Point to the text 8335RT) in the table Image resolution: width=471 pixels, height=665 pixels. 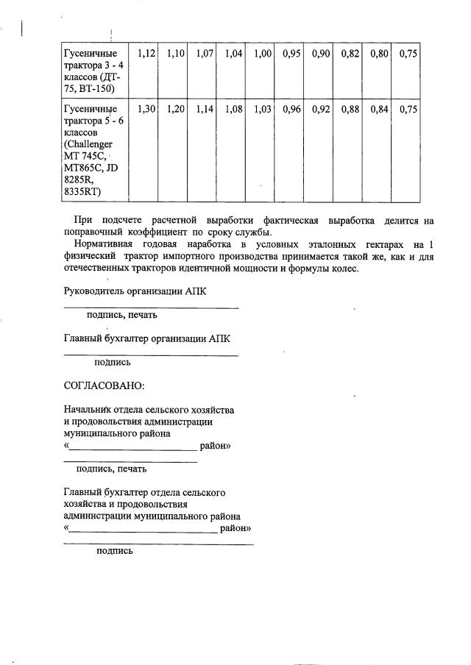[x=82, y=192]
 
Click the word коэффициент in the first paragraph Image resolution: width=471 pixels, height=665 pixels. [x=154, y=231]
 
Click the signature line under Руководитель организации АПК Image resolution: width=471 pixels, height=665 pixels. [x=151, y=307]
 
